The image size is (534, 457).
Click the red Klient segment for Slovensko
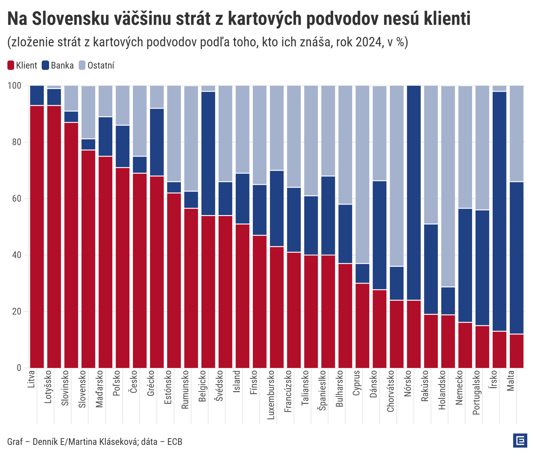click(88, 259)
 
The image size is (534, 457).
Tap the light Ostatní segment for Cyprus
click(363, 174)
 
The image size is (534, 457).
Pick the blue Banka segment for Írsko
click(499, 211)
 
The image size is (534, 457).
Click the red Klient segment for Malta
click(517, 351)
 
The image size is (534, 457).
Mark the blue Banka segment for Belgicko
click(208, 154)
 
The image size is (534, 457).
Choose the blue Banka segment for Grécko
click(157, 142)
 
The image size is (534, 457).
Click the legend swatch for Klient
click(11, 65)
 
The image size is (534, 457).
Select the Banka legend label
click(62, 66)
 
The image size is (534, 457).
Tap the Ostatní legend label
click(101, 66)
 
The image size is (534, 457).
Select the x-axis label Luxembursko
click(271, 395)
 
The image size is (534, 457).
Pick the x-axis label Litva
click(31, 379)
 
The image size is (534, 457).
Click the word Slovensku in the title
click(71, 18)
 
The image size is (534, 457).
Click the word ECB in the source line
click(175, 442)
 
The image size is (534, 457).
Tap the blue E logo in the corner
click(520, 441)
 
